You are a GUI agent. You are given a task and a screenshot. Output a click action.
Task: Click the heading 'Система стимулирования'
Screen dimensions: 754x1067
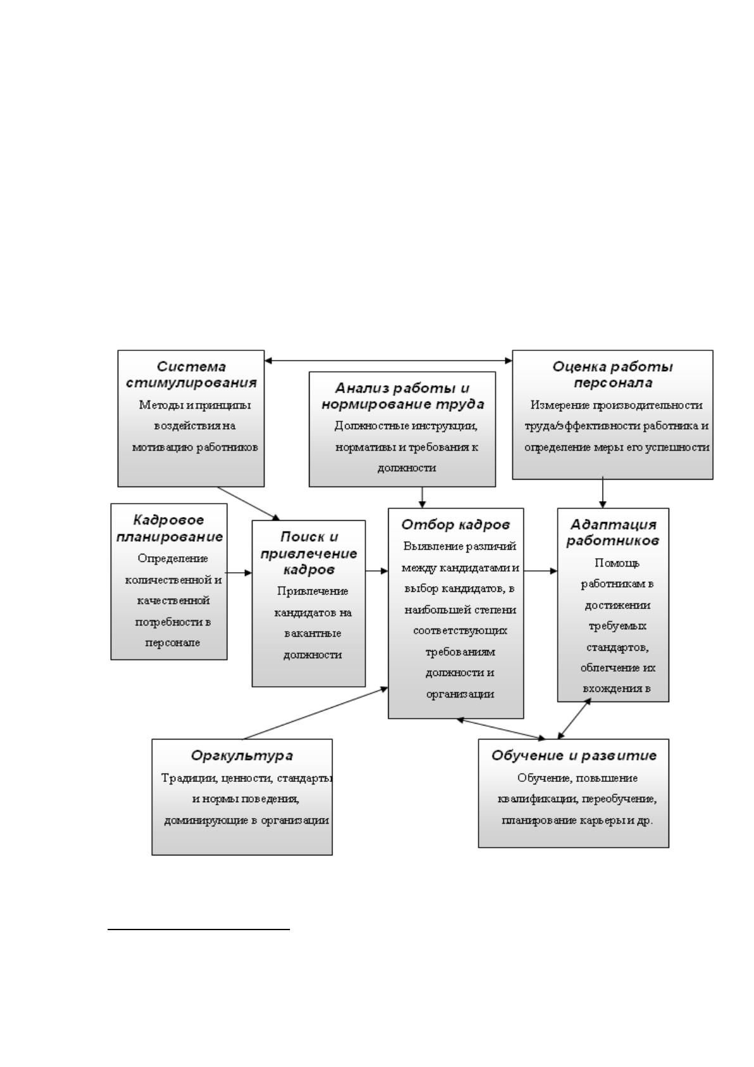[191, 374]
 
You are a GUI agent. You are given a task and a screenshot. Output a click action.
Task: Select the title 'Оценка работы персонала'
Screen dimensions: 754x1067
[613, 374]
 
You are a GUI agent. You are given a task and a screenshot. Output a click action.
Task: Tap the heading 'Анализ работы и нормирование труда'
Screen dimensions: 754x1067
[403, 396]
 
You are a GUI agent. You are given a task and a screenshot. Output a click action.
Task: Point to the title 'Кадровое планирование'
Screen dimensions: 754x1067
[170, 528]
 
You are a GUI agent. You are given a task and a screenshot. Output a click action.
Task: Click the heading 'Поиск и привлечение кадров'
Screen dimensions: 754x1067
[309, 553]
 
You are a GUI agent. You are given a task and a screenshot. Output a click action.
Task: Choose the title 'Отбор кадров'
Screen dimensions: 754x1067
[456, 525]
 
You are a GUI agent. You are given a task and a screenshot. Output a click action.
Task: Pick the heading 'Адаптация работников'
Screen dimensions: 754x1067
[613, 532]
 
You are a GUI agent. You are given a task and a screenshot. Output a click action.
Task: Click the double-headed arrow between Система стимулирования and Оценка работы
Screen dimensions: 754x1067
[389, 361]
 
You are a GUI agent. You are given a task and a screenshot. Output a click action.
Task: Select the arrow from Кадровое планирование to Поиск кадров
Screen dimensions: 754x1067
[239, 573]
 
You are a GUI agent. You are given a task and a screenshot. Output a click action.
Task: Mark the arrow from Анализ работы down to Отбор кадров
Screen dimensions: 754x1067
[422, 497]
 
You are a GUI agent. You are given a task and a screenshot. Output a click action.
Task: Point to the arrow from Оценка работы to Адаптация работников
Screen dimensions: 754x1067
[603, 492]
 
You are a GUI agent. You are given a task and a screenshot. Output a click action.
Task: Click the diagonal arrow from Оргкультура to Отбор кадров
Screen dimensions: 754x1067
[316, 713]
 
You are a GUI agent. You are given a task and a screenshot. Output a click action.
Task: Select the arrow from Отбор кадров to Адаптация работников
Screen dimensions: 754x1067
[541, 571]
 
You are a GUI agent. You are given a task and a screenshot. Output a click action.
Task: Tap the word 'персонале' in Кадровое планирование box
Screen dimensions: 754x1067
[172, 642]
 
